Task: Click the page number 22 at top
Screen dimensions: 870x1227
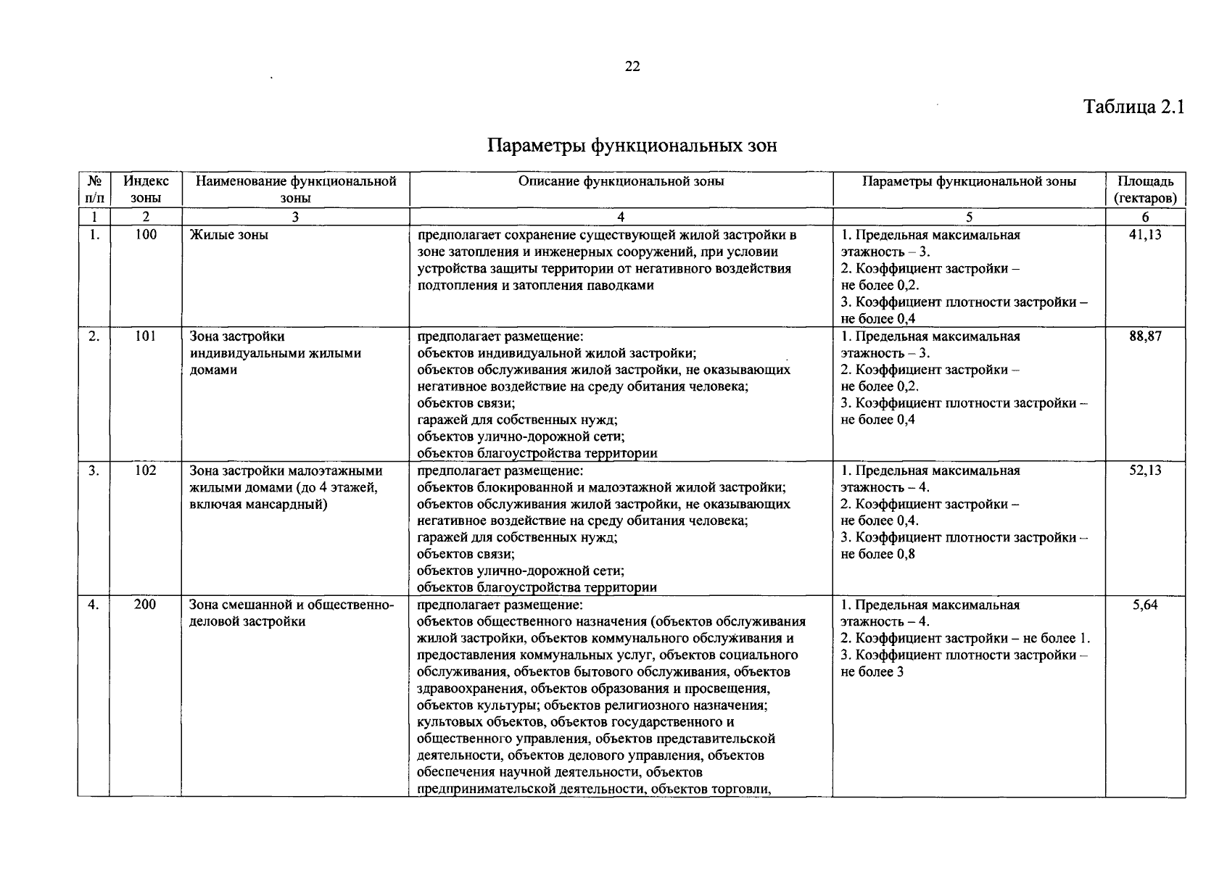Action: [x=632, y=67]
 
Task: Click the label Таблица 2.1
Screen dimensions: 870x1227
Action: [x=1133, y=107]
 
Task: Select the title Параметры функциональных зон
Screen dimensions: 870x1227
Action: [x=632, y=146]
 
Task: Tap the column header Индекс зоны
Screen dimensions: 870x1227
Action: [x=146, y=189]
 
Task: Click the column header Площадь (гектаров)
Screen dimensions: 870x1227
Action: [x=1145, y=189]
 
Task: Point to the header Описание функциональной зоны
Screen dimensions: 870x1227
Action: [x=621, y=181]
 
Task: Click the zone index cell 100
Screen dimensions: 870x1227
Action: [x=146, y=235]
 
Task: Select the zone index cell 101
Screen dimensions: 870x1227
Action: [x=146, y=336]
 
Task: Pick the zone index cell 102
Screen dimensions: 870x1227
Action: [x=146, y=471]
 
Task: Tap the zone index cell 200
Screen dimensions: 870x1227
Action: [x=145, y=605]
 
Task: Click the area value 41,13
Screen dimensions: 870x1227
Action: [x=1145, y=235]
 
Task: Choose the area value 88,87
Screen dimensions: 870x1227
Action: [x=1145, y=336]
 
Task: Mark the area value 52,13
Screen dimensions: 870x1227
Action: [x=1145, y=471]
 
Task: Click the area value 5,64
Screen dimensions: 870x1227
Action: [x=1145, y=605]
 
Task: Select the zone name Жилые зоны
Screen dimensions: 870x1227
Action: [x=228, y=235]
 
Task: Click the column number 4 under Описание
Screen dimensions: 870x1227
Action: [x=621, y=217]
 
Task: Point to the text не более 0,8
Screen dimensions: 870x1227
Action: [x=877, y=555]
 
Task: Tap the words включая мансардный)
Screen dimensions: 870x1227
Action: [x=257, y=504]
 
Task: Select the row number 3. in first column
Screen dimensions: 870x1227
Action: [x=94, y=471]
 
